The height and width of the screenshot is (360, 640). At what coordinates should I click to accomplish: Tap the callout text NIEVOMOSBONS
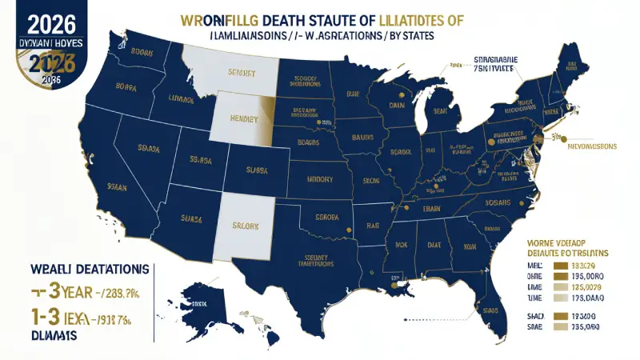[x=594, y=146]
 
